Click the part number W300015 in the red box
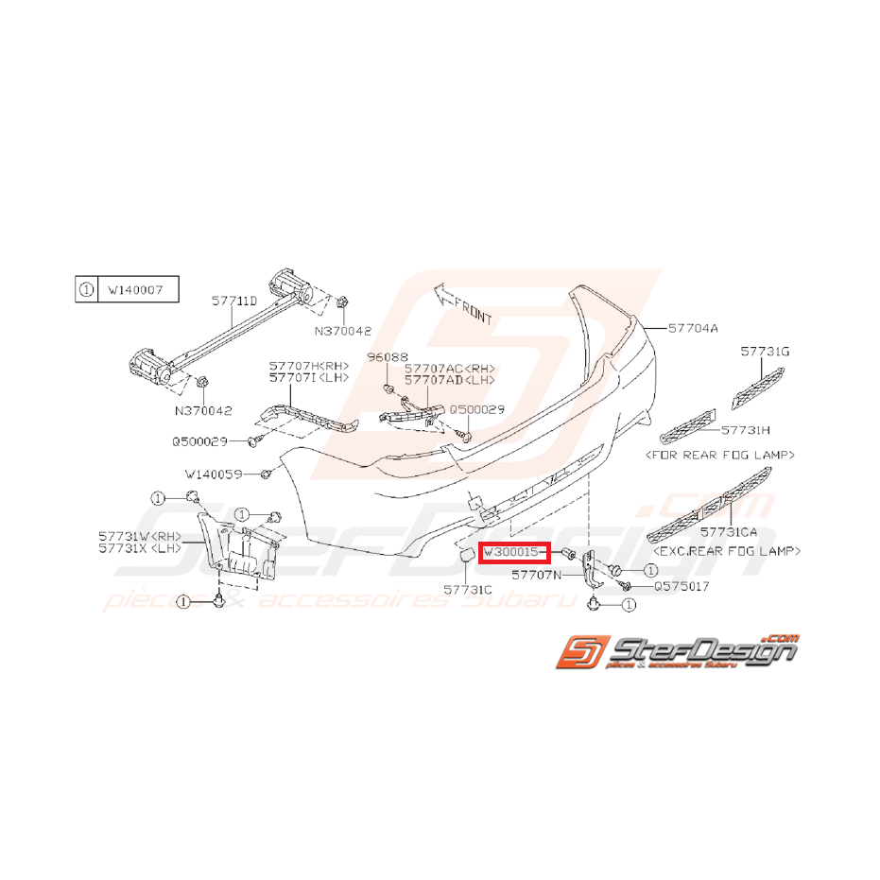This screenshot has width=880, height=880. point(510,552)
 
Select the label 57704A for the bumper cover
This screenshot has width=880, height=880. point(693,328)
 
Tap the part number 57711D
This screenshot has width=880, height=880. point(234,301)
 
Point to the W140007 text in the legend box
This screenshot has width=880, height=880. point(135,289)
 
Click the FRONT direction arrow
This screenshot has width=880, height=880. point(463,304)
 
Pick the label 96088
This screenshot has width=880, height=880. point(388,357)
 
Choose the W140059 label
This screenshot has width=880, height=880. point(214,475)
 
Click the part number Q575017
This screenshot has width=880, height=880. point(682,586)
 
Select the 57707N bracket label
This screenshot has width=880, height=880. point(536,575)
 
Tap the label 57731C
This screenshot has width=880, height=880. point(468,590)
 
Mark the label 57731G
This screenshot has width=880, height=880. point(765,352)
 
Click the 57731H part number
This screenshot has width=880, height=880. point(745,430)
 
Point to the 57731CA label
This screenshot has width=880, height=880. point(729,531)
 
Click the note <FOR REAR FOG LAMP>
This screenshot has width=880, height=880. point(720,455)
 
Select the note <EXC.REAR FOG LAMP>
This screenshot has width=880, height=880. point(727,551)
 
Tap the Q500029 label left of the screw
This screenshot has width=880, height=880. point(199,441)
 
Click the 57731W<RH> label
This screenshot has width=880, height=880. point(140,537)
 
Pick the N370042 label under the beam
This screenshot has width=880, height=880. point(203,411)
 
